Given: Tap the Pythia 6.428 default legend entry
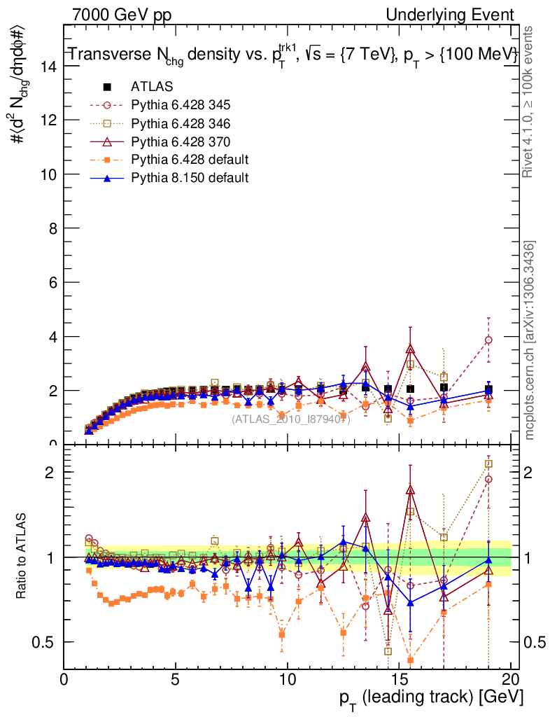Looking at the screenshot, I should click(x=190, y=160).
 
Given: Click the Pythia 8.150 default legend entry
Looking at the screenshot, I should click(x=190, y=178).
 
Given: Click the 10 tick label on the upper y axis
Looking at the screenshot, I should click(x=48, y=174).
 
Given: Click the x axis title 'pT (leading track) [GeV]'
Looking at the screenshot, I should click(x=432, y=697).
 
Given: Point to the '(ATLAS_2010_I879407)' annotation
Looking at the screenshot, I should click(x=290, y=419).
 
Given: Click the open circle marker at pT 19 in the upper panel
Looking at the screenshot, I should click(x=488, y=340).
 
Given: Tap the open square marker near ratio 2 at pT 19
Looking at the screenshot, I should click(x=488, y=464).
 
